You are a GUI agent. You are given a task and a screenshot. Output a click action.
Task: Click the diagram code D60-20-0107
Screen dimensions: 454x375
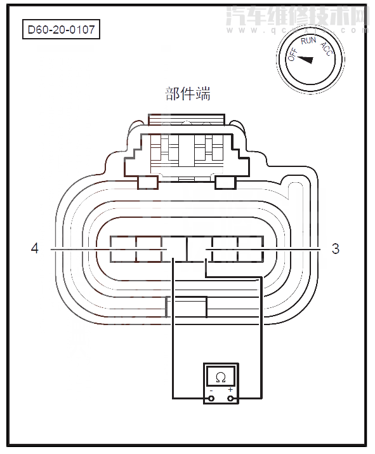[62, 30]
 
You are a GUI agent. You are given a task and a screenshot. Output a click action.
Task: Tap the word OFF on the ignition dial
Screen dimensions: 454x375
[293, 54]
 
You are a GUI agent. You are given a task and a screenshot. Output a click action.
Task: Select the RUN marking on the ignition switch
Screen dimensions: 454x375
[309, 41]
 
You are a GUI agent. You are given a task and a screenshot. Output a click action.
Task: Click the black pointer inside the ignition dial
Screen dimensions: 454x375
[306, 60]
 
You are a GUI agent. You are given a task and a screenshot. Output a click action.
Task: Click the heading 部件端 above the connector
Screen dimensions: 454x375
[187, 95]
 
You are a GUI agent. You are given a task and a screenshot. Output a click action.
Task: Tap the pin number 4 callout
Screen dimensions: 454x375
[35, 249]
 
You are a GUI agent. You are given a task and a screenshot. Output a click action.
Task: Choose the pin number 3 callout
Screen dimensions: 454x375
[336, 249]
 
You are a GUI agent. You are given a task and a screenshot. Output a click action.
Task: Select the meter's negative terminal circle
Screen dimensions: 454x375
[209, 399]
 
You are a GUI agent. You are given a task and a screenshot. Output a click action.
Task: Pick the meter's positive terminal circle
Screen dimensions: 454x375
[231, 399]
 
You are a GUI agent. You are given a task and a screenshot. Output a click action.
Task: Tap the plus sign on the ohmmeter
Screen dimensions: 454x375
[230, 390]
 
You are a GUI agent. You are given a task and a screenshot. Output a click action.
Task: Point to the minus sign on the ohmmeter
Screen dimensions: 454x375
[210, 390]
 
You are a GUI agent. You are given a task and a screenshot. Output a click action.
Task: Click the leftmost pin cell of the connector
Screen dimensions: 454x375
[122, 249]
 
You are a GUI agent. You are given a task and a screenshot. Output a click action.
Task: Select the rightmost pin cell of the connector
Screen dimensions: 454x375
[251, 249]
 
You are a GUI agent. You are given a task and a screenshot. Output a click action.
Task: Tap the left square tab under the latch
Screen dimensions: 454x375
[147, 182]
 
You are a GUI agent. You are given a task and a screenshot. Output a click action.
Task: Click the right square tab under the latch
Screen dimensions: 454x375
[226, 182]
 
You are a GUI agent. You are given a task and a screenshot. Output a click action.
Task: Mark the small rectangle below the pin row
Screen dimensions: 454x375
[186, 307]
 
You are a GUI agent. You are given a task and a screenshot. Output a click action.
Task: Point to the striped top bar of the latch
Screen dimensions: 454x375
[186, 119]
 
